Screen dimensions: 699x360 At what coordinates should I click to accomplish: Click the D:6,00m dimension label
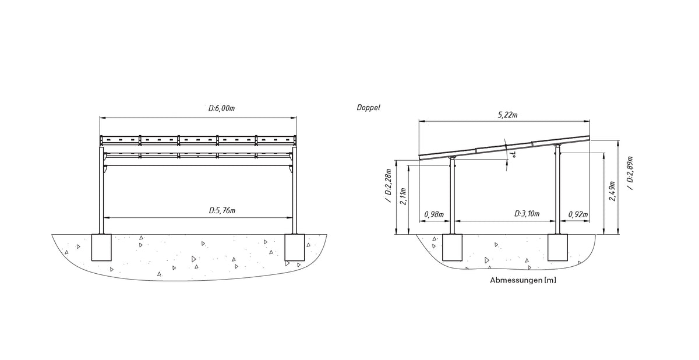pos(221,108)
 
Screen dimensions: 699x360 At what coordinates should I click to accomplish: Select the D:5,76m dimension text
pos(222,210)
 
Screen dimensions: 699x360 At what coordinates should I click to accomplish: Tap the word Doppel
pos(369,108)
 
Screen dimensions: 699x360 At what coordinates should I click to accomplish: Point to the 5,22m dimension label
pos(507,115)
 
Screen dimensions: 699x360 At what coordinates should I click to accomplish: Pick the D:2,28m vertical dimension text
pos(389,186)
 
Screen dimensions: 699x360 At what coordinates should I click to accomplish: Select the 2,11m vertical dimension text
pos(403,196)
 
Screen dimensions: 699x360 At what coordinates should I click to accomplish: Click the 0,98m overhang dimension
pos(434,214)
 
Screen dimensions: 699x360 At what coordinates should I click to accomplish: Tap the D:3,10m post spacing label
pos(527,214)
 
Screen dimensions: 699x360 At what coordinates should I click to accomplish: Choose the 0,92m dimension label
pos(578,214)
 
